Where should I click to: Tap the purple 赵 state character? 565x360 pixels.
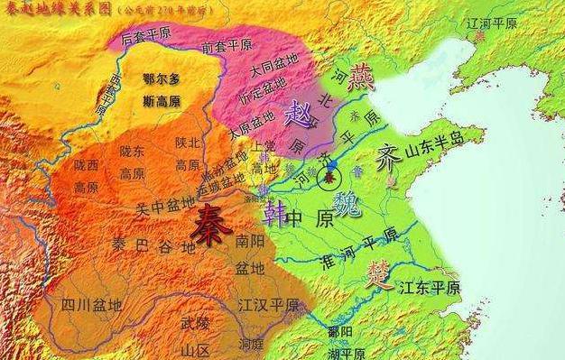click(x=297, y=113)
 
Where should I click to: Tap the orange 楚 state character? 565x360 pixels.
click(x=380, y=273)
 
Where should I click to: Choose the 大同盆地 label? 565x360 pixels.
click(x=270, y=69)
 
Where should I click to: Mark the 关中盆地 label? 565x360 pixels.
click(x=165, y=203)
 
